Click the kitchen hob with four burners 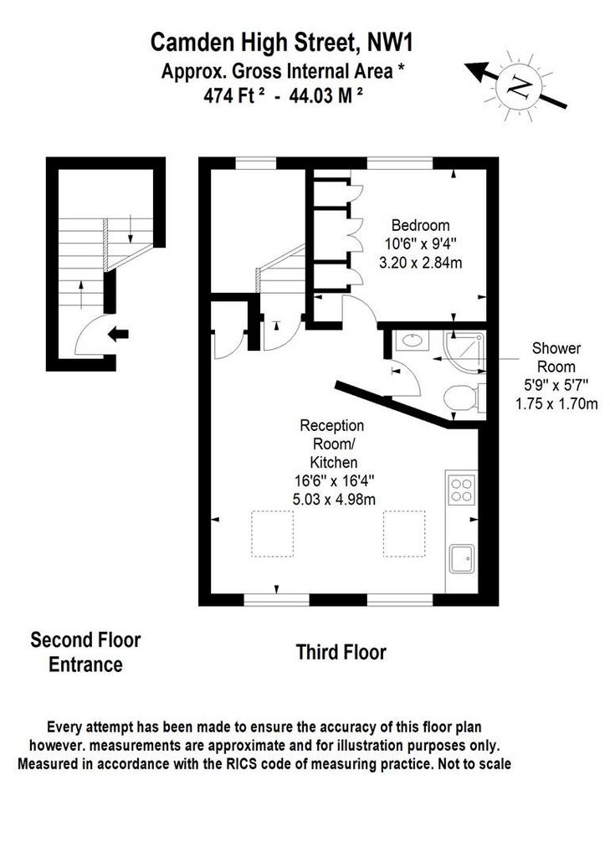pyautogui.click(x=461, y=490)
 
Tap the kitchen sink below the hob pyautogui.click(x=461, y=558)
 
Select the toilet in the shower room pyautogui.click(x=463, y=398)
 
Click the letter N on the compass pyautogui.click(x=519, y=85)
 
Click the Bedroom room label pyautogui.click(x=420, y=225)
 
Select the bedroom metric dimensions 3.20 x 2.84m pyautogui.click(x=420, y=262)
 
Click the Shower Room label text pyautogui.click(x=556, y=357)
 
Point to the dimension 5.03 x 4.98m pyautogui.click(x=334, y=499)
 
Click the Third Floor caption pyautogui.click(x=341, y=652)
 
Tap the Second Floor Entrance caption pyautogui.click(x=85, y=652)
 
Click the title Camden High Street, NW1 pyautogui.click(x=281, y=43)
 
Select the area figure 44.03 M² pyautogui.click(x=326, y=95)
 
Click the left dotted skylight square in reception pyautogui.click(x=272, y=533)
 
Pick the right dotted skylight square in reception pyautogui.click(x=404, y=533)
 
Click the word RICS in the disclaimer pyautogui.click(x=240, y=763)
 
